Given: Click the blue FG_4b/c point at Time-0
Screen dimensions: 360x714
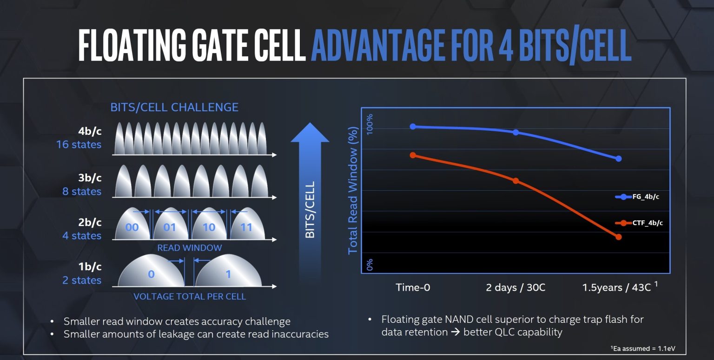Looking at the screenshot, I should click(413, 127).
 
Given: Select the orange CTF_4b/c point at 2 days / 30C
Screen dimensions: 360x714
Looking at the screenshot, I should click(516, 180).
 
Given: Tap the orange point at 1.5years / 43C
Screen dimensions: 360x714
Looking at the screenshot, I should click(619, 237).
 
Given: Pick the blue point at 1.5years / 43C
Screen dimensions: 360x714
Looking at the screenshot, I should click(619, 159).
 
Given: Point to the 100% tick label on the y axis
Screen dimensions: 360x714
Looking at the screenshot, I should click(370, 125).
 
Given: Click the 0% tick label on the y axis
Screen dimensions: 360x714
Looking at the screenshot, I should click(370, 265).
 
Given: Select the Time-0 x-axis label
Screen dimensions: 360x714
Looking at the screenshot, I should click(413, 287).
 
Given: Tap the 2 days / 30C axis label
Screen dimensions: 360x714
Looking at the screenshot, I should click(516, 287).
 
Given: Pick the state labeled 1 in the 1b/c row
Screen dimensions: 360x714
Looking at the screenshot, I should click(228, 274).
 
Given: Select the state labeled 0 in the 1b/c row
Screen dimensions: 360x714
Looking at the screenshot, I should click(151, 274).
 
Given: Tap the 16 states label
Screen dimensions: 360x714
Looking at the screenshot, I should click(79, 145).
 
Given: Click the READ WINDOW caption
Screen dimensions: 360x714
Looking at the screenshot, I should click(189, 248).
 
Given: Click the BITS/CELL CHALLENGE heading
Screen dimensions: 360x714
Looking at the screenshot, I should click(174, 107).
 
